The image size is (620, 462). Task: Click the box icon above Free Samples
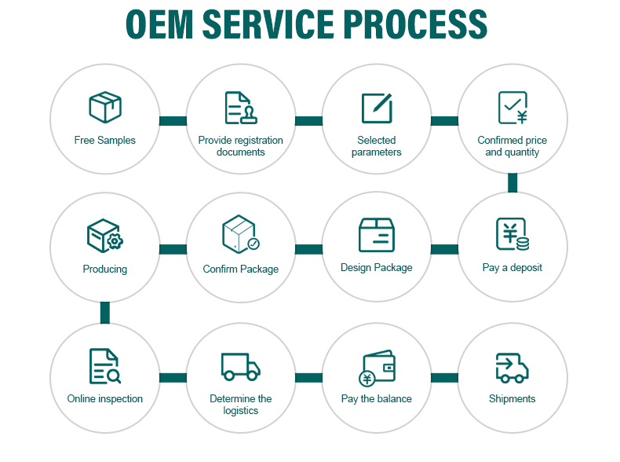coord(105,108)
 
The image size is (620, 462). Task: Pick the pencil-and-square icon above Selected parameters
coord(377,108)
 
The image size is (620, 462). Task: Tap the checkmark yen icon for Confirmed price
coord(512,108)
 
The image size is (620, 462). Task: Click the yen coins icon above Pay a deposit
coord(512,235)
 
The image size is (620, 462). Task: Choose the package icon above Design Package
coord(377,234)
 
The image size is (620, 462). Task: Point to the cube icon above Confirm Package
coord(240,234)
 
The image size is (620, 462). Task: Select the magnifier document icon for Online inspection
coord(104,365)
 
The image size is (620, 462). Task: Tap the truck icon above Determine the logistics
coord(240,366)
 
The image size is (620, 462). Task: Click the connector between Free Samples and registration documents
coord(173,121)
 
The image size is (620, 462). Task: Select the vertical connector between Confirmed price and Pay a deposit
coord(512,182)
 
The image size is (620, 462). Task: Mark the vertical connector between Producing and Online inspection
coord(105,312)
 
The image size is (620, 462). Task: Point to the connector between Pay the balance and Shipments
coord(444,378)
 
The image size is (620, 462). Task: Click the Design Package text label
coord(377,268)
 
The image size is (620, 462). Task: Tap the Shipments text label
coord(512,398)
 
